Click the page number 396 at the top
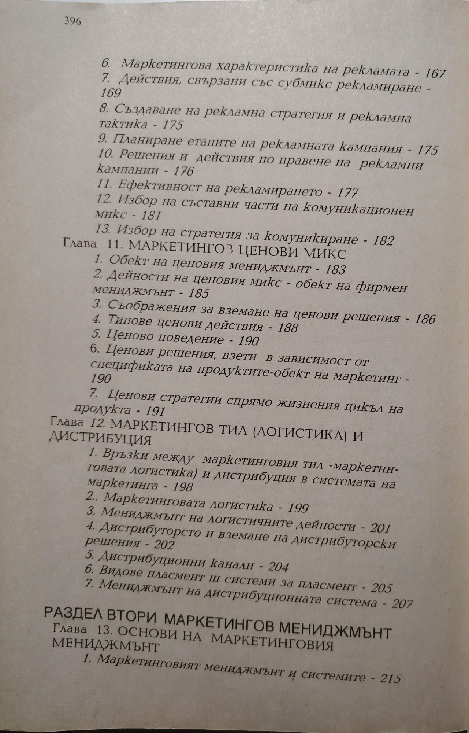pos(72,21)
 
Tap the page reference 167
pos(434,74)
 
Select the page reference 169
pos(111,93)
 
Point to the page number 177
pos(347,192)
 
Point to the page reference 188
pos(288,327)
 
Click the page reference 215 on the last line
pos(390,678)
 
